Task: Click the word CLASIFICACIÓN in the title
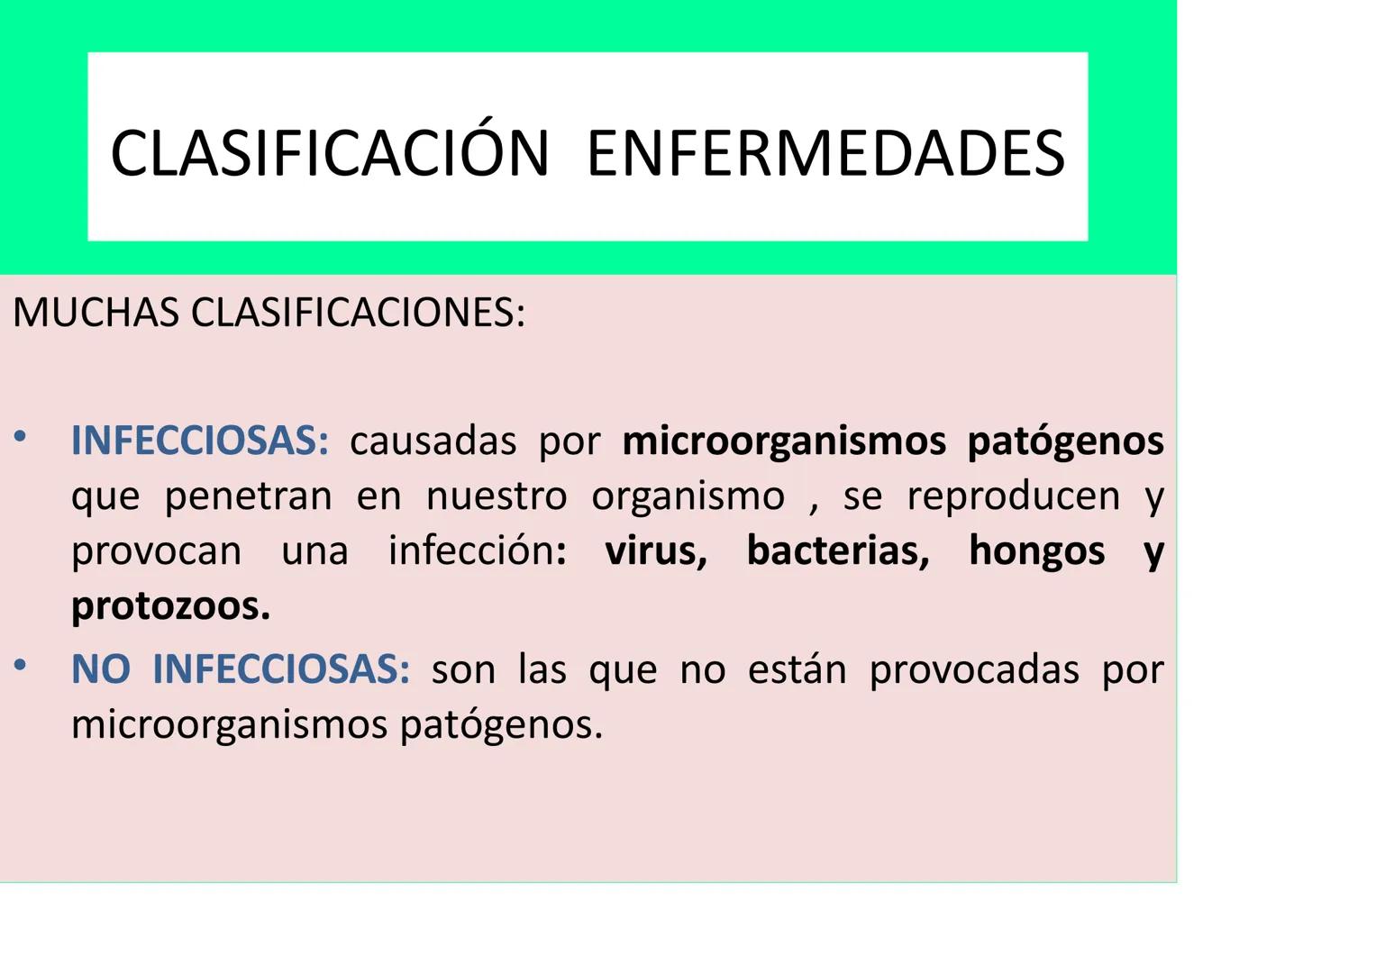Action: tap(329, 152)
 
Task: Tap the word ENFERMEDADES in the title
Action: tap(825, 152)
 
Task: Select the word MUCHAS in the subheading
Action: tap(96, 313)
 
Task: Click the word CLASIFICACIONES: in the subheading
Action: tap(358, 313)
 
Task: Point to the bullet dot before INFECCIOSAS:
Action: tap(20, 438)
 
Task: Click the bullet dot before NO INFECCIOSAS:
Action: tap(20, 667)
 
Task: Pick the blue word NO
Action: tap(101, 669)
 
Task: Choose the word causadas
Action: tap(433, 441)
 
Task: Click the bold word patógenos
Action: tap(1065, 441)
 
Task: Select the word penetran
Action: tap(249, 496)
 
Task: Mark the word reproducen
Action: tap(1014, 496)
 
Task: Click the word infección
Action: tap(472, 550)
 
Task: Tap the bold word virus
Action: tap(655, 550)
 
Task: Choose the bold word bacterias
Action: tap(837, 550)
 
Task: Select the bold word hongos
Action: tap(1036, 550)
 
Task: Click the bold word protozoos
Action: tap(170, 606)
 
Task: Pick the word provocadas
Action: tap(974, 669)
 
